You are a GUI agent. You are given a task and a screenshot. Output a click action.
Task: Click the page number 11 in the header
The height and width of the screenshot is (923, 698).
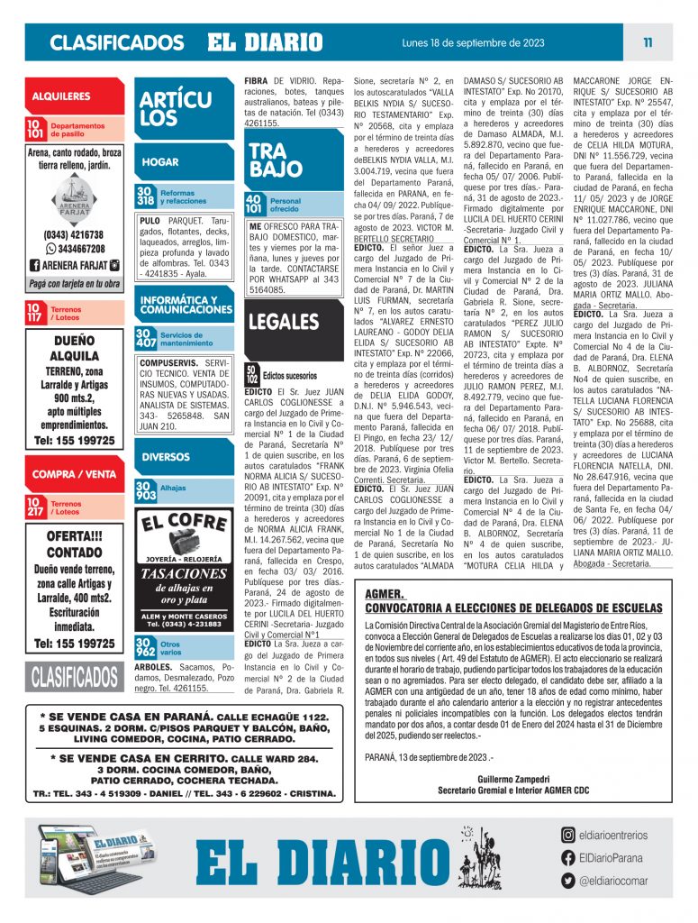(648, 42)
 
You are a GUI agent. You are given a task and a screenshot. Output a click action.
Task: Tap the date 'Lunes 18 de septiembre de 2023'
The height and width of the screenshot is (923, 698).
(472, 42)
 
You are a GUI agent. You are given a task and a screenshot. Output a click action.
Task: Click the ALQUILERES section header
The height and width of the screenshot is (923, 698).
(61, 96)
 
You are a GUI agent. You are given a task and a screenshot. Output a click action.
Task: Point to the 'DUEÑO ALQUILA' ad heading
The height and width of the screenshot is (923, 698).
(74, 348)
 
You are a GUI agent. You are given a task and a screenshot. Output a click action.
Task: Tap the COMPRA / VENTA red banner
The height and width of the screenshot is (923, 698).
(74, 473)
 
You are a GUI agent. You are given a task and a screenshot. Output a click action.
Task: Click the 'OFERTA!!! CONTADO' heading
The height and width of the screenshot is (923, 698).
(74, 544)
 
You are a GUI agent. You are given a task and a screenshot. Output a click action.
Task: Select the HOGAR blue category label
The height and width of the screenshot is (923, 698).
(161, 162)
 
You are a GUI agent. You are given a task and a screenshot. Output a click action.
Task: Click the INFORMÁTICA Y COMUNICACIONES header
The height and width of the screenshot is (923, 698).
(186, 305)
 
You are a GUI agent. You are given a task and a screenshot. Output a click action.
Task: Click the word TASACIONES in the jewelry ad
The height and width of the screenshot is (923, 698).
(185, 573)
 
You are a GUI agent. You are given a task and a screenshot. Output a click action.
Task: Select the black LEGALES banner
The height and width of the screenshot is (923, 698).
(284, 322)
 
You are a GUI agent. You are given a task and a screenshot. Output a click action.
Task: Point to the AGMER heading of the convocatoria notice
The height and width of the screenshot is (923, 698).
(385, 595)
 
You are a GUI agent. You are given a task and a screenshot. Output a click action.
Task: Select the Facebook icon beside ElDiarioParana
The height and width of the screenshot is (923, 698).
(568, 858)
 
